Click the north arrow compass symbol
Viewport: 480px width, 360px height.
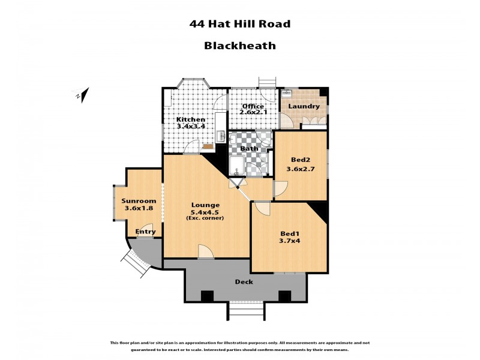pos(82,94)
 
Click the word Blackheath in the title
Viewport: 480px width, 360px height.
pos(239,45)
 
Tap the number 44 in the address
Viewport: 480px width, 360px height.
pos(196,25)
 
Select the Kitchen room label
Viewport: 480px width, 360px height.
pos(190,119)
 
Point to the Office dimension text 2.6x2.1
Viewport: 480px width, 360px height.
pos(253,112)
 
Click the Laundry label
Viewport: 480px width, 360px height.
pos(304,107)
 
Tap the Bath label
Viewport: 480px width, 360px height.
pos(248,148)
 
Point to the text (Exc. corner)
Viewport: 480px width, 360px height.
pos(206,218)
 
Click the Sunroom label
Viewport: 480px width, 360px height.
pos(139,201)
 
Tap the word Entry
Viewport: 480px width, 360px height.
pos(146,232)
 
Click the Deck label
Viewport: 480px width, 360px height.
pos(244,281)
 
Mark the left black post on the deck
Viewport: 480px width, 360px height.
pos(207,295)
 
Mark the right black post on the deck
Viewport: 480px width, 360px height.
pos(284,295)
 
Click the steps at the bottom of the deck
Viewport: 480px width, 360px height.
pos(246,311)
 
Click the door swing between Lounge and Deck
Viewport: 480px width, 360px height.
pos(206,252)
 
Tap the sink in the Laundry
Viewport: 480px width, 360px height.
pos(287,94)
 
